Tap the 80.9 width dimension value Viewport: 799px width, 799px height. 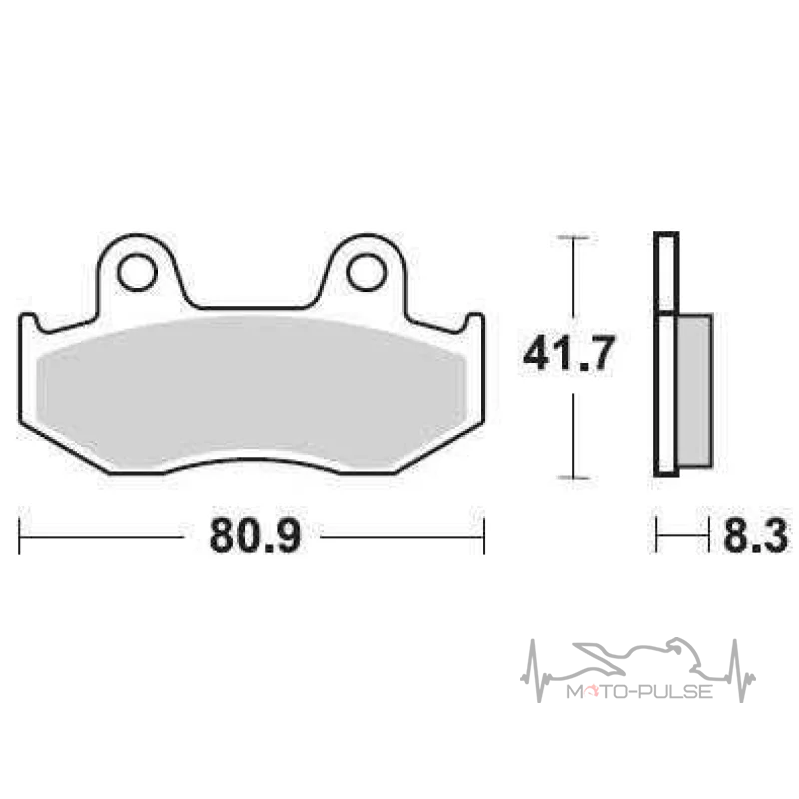point(255,535)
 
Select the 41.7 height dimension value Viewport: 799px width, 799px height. point(569,353)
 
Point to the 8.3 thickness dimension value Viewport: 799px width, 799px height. point(755,535)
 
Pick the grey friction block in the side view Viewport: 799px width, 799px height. point(694,391)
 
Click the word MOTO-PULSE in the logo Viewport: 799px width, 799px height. point(639,691)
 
